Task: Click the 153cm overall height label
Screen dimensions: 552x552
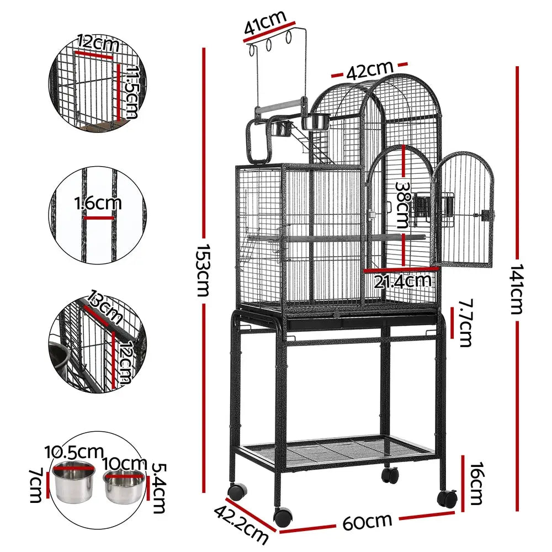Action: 203,270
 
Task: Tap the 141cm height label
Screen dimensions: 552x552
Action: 516,289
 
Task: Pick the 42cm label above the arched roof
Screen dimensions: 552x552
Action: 369,70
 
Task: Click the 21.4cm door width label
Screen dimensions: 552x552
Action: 402,282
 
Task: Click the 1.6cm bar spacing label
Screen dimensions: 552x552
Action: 98,203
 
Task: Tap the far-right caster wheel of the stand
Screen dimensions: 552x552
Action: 447,498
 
